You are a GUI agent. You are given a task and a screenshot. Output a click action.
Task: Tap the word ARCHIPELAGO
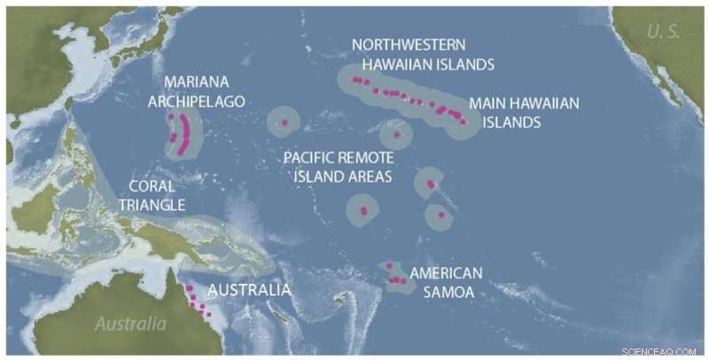pos(196,102)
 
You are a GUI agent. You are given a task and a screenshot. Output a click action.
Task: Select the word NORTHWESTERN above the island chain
pos(408,44)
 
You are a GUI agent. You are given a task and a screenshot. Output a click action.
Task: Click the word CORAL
pos(147,187)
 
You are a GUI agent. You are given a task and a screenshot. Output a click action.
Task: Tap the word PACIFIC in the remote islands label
pos(311,158)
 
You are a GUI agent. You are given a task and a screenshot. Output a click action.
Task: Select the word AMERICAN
pos(446,273)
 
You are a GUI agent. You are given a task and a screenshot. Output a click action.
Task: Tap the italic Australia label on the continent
pos(129,324)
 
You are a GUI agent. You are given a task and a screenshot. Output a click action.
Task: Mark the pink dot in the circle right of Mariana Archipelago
pos(284,121)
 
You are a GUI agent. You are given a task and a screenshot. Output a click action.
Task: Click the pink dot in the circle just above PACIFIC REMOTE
pos(396,135)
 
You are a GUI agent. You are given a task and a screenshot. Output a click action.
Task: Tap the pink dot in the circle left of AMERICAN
pos(362,210)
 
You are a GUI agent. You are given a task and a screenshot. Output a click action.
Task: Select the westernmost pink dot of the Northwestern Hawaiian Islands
pos(355,79)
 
